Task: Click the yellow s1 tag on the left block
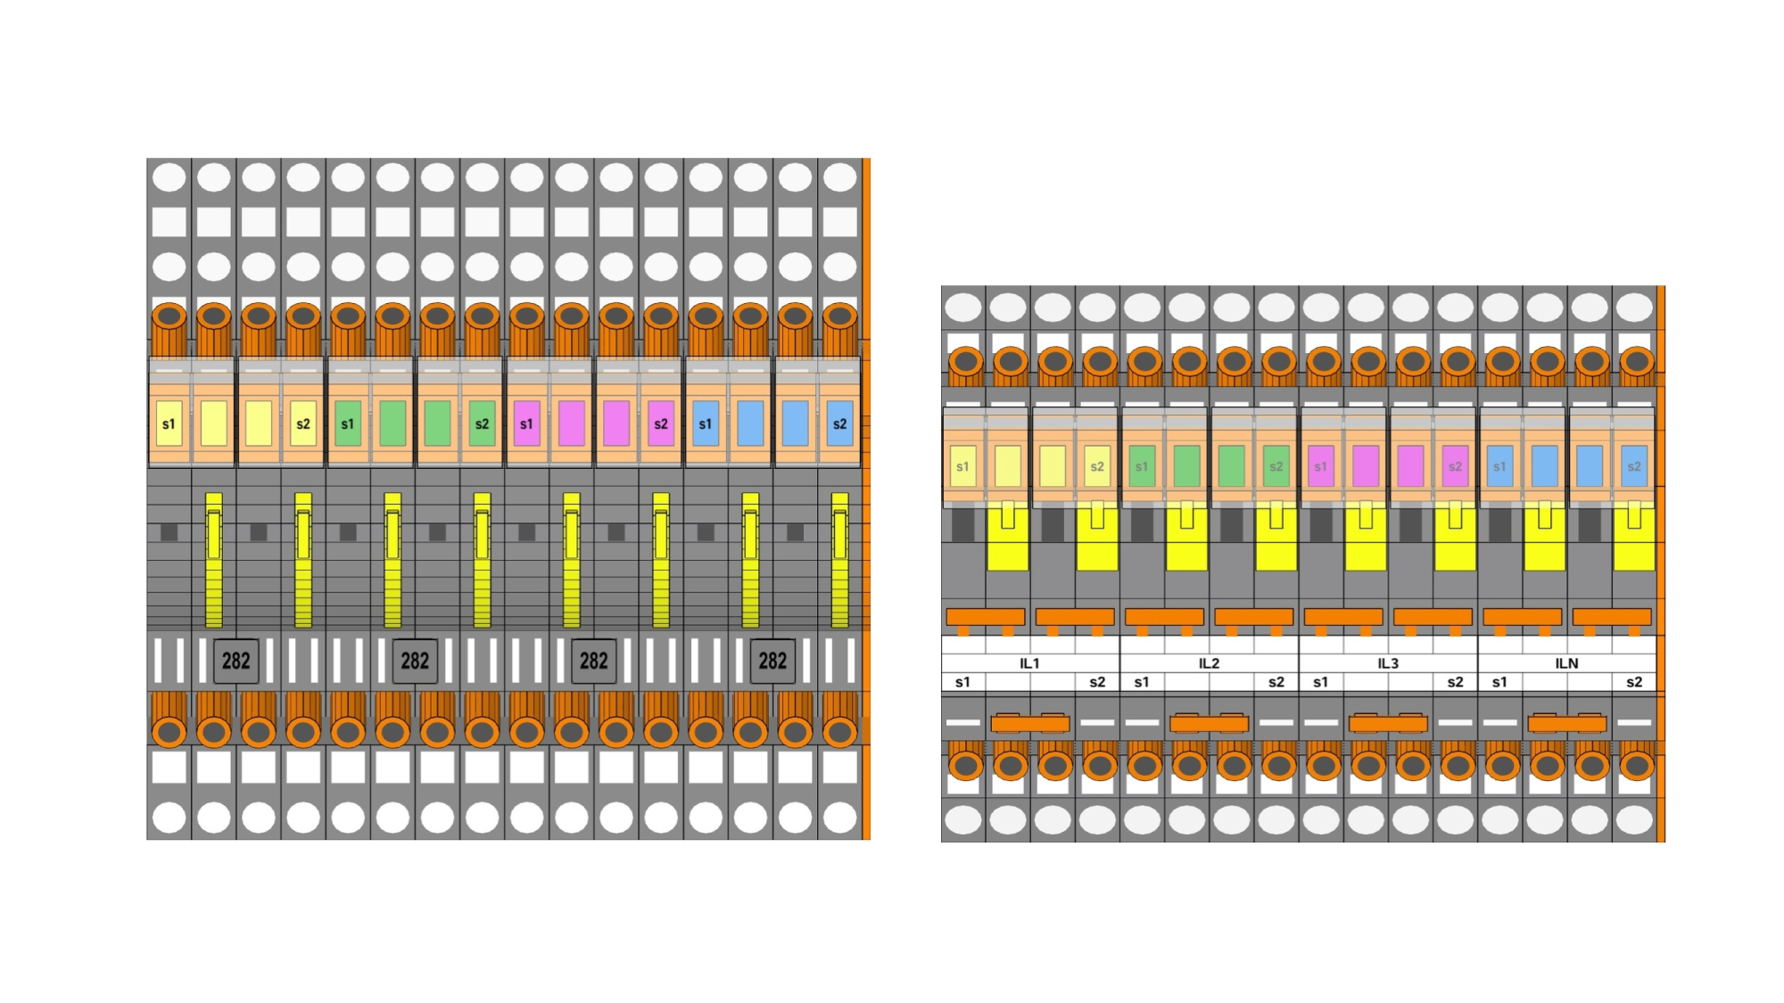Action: pyautogui.click(x=169, y=423)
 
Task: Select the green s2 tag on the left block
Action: pyautogui.click(x=482, y=423)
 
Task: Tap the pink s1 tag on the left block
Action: pyautogui.click(x=526, y=423)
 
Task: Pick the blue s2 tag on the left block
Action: pyautogui.click(x=839, y=423)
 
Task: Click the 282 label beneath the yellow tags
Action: pyautogui.click(x=235, y=661)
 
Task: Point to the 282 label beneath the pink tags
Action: pyautogui.click(x=593, y=661)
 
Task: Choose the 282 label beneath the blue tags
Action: pyautogui.click(x=772, y=661)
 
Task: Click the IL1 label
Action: pyautogui.click(x=1029, y=663)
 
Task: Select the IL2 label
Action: pyautogui.click(x=1209, y=663)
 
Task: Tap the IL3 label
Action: pyautogui.click(x=1388, y=663)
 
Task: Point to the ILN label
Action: pyautogui.click(x=1566, y=663)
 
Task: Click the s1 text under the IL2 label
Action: pyautogui.click(x=1142, y=682)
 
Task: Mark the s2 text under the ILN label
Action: pyautogui.click(x=1634, y=682)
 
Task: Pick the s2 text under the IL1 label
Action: pyautogui.click(x=1097, y=682)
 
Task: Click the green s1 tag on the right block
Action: pyautogui.click(x=1142, y=466)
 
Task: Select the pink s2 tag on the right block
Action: pyautogui.click(x=1455, y=466)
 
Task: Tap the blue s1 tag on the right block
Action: pyautogui.click(x=1499, y=466)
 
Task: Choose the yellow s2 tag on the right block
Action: pyautogui.click(x=1097, y=466)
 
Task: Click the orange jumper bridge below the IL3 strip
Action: pyautogui.click(x=1388, y=723)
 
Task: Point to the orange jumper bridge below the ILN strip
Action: pyautogui.click(x=1567, y=723)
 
